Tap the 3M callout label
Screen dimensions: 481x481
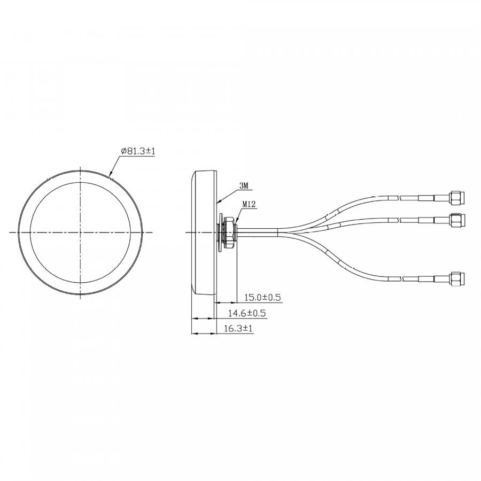tap(243, 185)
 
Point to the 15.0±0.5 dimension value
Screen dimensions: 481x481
tap(262, 297)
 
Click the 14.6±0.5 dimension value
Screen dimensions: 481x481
tap(247, 313)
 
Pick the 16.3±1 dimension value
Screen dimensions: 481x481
tap(238, 329)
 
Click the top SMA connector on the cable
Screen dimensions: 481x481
tap(457, 198)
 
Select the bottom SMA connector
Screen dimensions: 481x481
tap(457, 278)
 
